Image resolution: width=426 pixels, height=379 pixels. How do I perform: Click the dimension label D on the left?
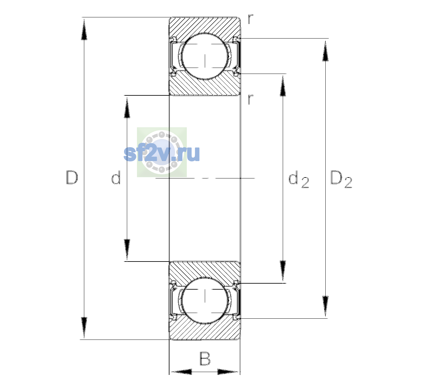tap(72, 177)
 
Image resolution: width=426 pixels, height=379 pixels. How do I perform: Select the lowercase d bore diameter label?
tap(116, 177)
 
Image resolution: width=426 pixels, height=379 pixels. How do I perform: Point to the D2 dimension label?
tap(341, 179)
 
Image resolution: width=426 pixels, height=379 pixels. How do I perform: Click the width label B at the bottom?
tap(205, 358)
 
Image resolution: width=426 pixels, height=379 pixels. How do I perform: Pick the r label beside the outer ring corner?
tap(251, 19)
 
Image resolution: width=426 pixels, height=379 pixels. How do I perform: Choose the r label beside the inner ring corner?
tap(251, 99)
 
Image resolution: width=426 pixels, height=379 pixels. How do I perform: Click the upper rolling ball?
tap(205, 56)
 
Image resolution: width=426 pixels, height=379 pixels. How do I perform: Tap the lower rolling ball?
tap(205, 300)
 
